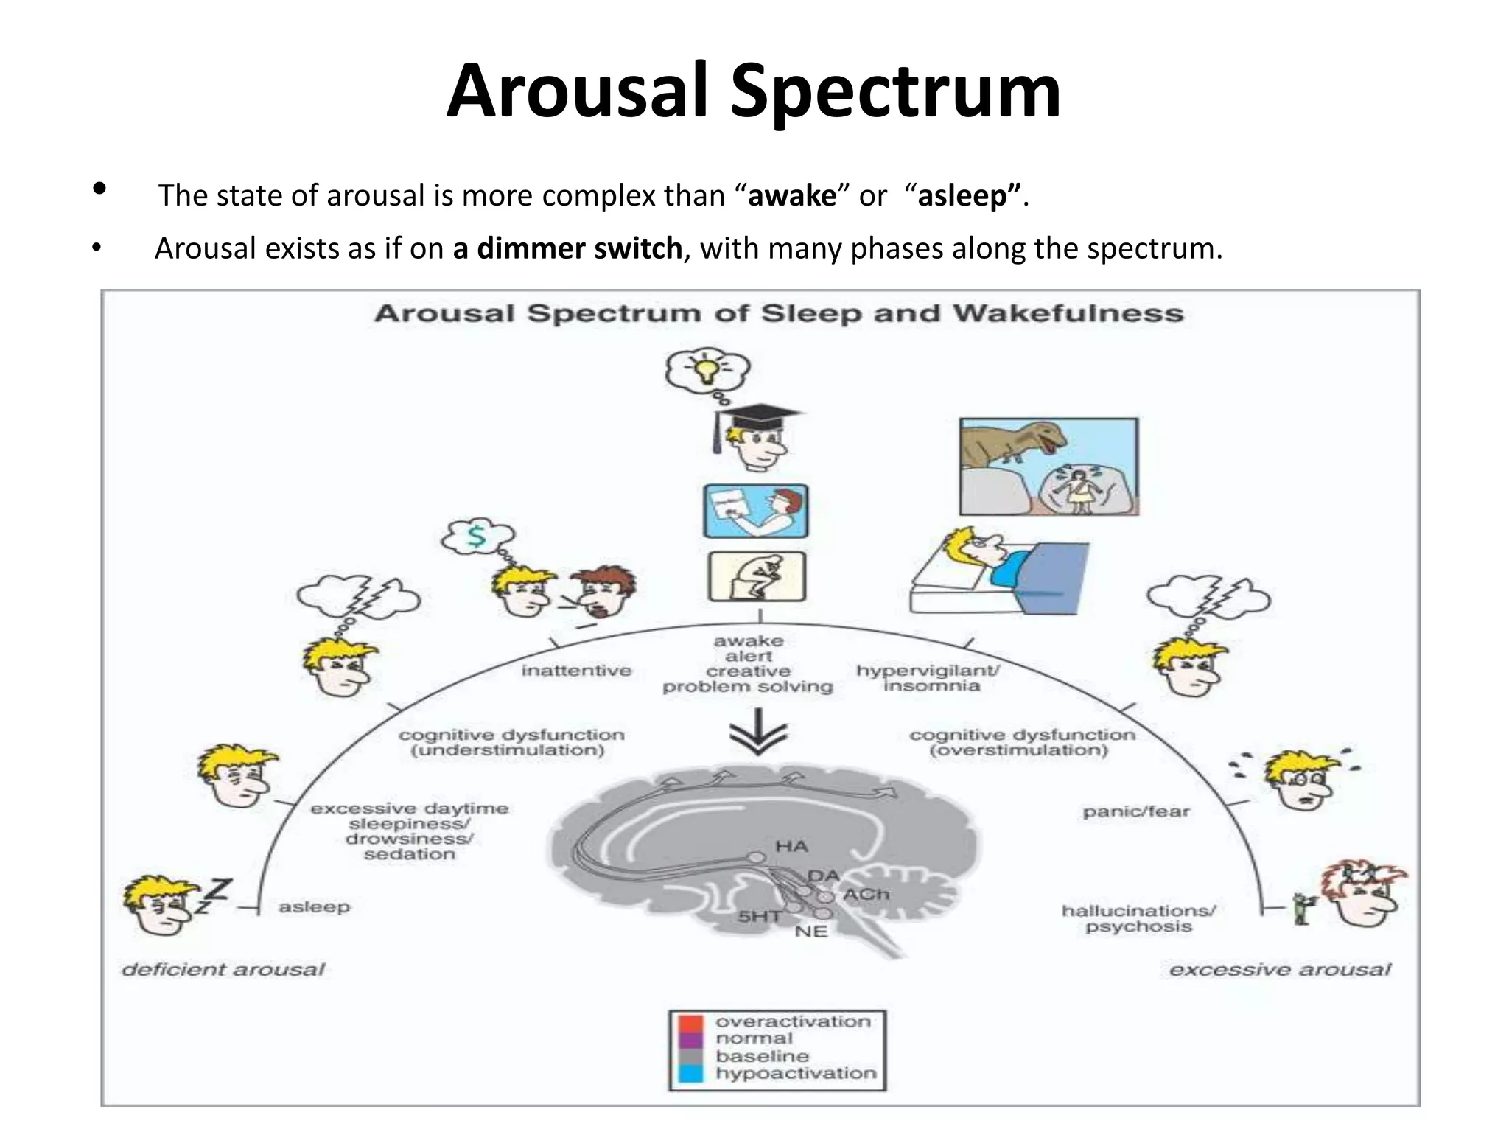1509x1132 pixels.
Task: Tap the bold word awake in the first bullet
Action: pyautogui.click(x=792, y=196)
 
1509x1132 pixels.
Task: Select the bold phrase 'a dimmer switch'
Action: pyautogui.click(x=567, y=249)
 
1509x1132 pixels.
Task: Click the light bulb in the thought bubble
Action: pyautogui.click(x=707, y=368)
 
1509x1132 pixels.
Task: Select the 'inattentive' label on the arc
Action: pyautogui.click(x=576, y=671)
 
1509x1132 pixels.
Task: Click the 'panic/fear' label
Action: pyautogui.click(x=1135, y=811)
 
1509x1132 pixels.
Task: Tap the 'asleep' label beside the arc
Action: pyautogui.click(x=314, y=906)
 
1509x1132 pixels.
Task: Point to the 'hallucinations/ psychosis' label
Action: pyautogui.click(x=1138, y=918)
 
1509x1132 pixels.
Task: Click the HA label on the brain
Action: pyautogui.click(x=791, y=847)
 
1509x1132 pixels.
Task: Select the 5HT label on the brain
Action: pyautogui.click(x=759, y=917)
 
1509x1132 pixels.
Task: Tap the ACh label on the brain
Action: pyautogui.click(x=866, y=895)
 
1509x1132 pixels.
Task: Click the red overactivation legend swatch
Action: pyautogui.click(x=691, y=1023)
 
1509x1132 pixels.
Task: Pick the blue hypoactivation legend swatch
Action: pyautogui.click(x=691, y=1073)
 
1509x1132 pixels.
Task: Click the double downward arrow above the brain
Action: pyautogui.click(x=758, y=733)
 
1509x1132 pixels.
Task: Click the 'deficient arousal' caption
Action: pyautogui.click(x=223, y=970)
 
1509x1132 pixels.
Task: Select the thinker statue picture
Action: pyautogui.click(x=757, y=576)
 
